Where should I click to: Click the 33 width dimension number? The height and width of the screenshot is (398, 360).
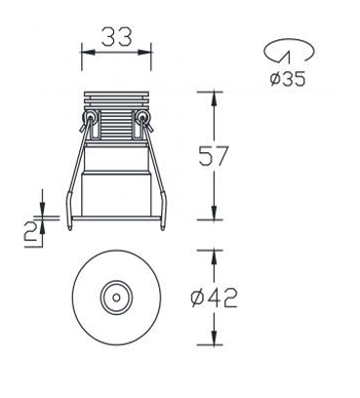tap(117, 36)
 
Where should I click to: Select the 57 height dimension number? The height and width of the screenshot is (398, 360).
tap(214, 156)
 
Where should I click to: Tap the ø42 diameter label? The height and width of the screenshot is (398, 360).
tap(215, 298)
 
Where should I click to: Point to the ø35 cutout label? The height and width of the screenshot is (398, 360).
tap(288, 79)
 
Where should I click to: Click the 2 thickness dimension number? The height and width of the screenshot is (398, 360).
tap(31, 232)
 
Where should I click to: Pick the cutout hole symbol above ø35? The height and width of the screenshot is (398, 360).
tap(290, 51)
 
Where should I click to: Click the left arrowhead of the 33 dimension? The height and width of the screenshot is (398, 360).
tap(88, 52)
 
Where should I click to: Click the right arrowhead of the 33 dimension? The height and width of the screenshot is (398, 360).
tap(144, 52)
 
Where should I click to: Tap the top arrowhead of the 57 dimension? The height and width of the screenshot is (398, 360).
tap(214, 99)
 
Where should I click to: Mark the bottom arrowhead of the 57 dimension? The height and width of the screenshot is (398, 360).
tap(214, 213)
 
